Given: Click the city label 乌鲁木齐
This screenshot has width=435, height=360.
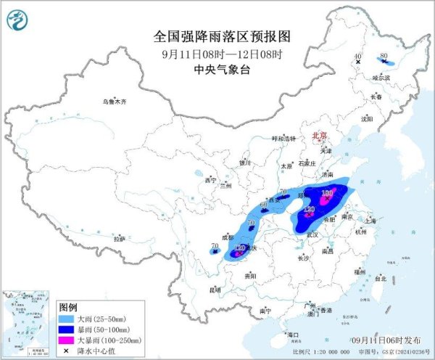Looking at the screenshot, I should click(x=114, y=102).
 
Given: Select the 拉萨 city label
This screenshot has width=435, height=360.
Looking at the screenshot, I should click(x=119, y=238).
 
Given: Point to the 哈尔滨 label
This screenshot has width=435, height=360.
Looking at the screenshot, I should click(x=371, y=76).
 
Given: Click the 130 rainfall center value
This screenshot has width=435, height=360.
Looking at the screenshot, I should click(x=327, y=192).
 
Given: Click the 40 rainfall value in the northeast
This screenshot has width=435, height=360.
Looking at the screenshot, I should click(x=357, y=56).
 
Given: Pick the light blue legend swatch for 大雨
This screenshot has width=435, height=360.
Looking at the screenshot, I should click(x=67, y=318).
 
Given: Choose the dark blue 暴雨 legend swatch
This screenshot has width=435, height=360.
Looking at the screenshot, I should click(x=67, y=329).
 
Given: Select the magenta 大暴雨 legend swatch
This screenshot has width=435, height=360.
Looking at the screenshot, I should click(x=67, y=340).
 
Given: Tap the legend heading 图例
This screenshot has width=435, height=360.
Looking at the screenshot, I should click(x=68, y=306).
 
